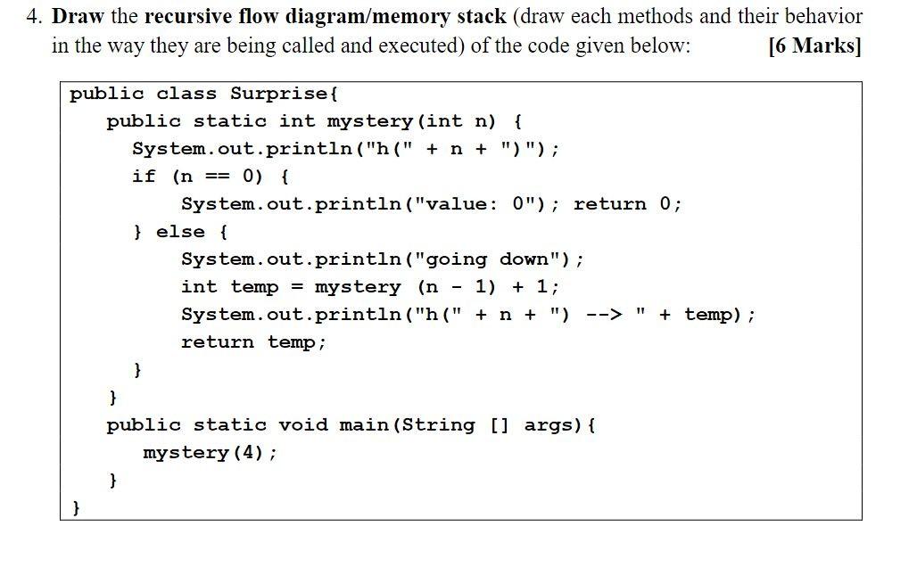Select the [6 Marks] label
[x=814, y=46]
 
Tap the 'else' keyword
[x=180, y=232]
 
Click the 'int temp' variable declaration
[x=230, y=287]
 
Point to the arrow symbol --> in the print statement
[x=603, y=315]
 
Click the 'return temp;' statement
[x=253, y=342]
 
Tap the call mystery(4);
[x=210, y=453]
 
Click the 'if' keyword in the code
[x=144, y=177]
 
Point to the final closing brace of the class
[x=76, y=507]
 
